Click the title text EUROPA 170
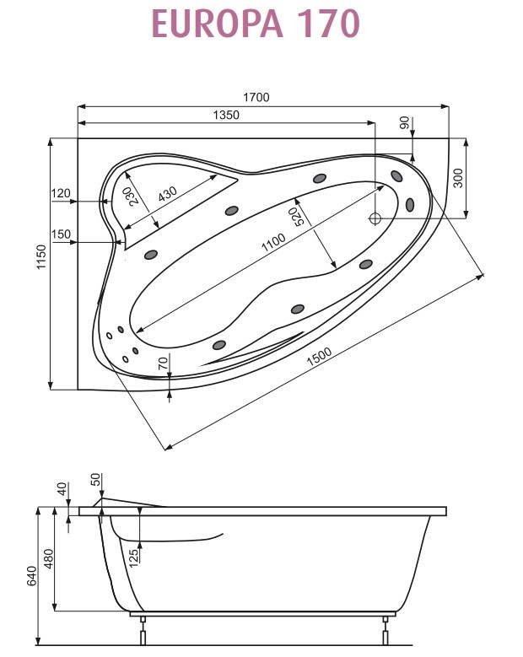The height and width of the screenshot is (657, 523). point(256,24)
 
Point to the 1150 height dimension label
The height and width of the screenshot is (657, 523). point(40,263)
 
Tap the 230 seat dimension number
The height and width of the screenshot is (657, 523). point(133,196)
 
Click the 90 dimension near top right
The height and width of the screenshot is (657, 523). point(404,124)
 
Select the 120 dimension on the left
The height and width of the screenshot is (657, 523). point(60,194)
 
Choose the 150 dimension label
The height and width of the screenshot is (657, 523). point(60,234)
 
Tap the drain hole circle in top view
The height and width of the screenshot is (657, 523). point(375,218)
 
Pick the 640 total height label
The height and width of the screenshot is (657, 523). point(31,575)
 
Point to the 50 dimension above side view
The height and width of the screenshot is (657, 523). point(95,481)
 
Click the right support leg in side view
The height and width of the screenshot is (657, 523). point(386,629)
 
